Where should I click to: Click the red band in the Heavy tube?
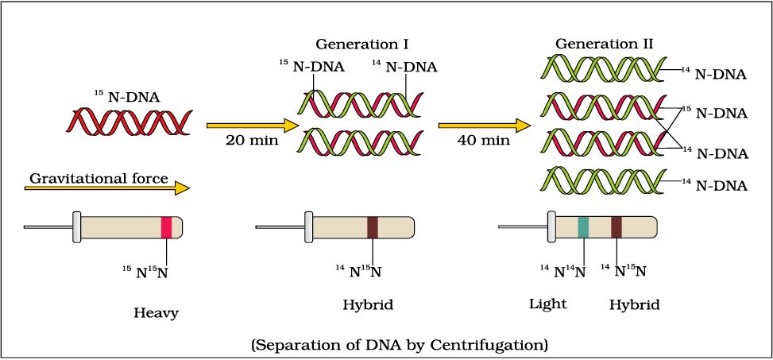tap(166, 227)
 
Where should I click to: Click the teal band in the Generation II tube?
tap(583, 227)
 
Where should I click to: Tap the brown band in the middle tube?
tap(373, 227)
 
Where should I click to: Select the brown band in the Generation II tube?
tap(616, 227)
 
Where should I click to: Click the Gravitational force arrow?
tap(107, 188)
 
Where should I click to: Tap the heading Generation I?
tap(362, 43)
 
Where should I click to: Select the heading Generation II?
tap(604, 43)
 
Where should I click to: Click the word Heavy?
tap(156, 312)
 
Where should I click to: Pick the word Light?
tap(547, 304)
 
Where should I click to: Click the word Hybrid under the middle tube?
tap(368, 304)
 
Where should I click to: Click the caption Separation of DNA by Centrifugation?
tap(399, 345)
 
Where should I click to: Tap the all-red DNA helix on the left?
tap(128, 122)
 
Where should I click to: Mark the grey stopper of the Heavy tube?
tap(77, 227)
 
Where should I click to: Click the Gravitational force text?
tap(99, 178)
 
